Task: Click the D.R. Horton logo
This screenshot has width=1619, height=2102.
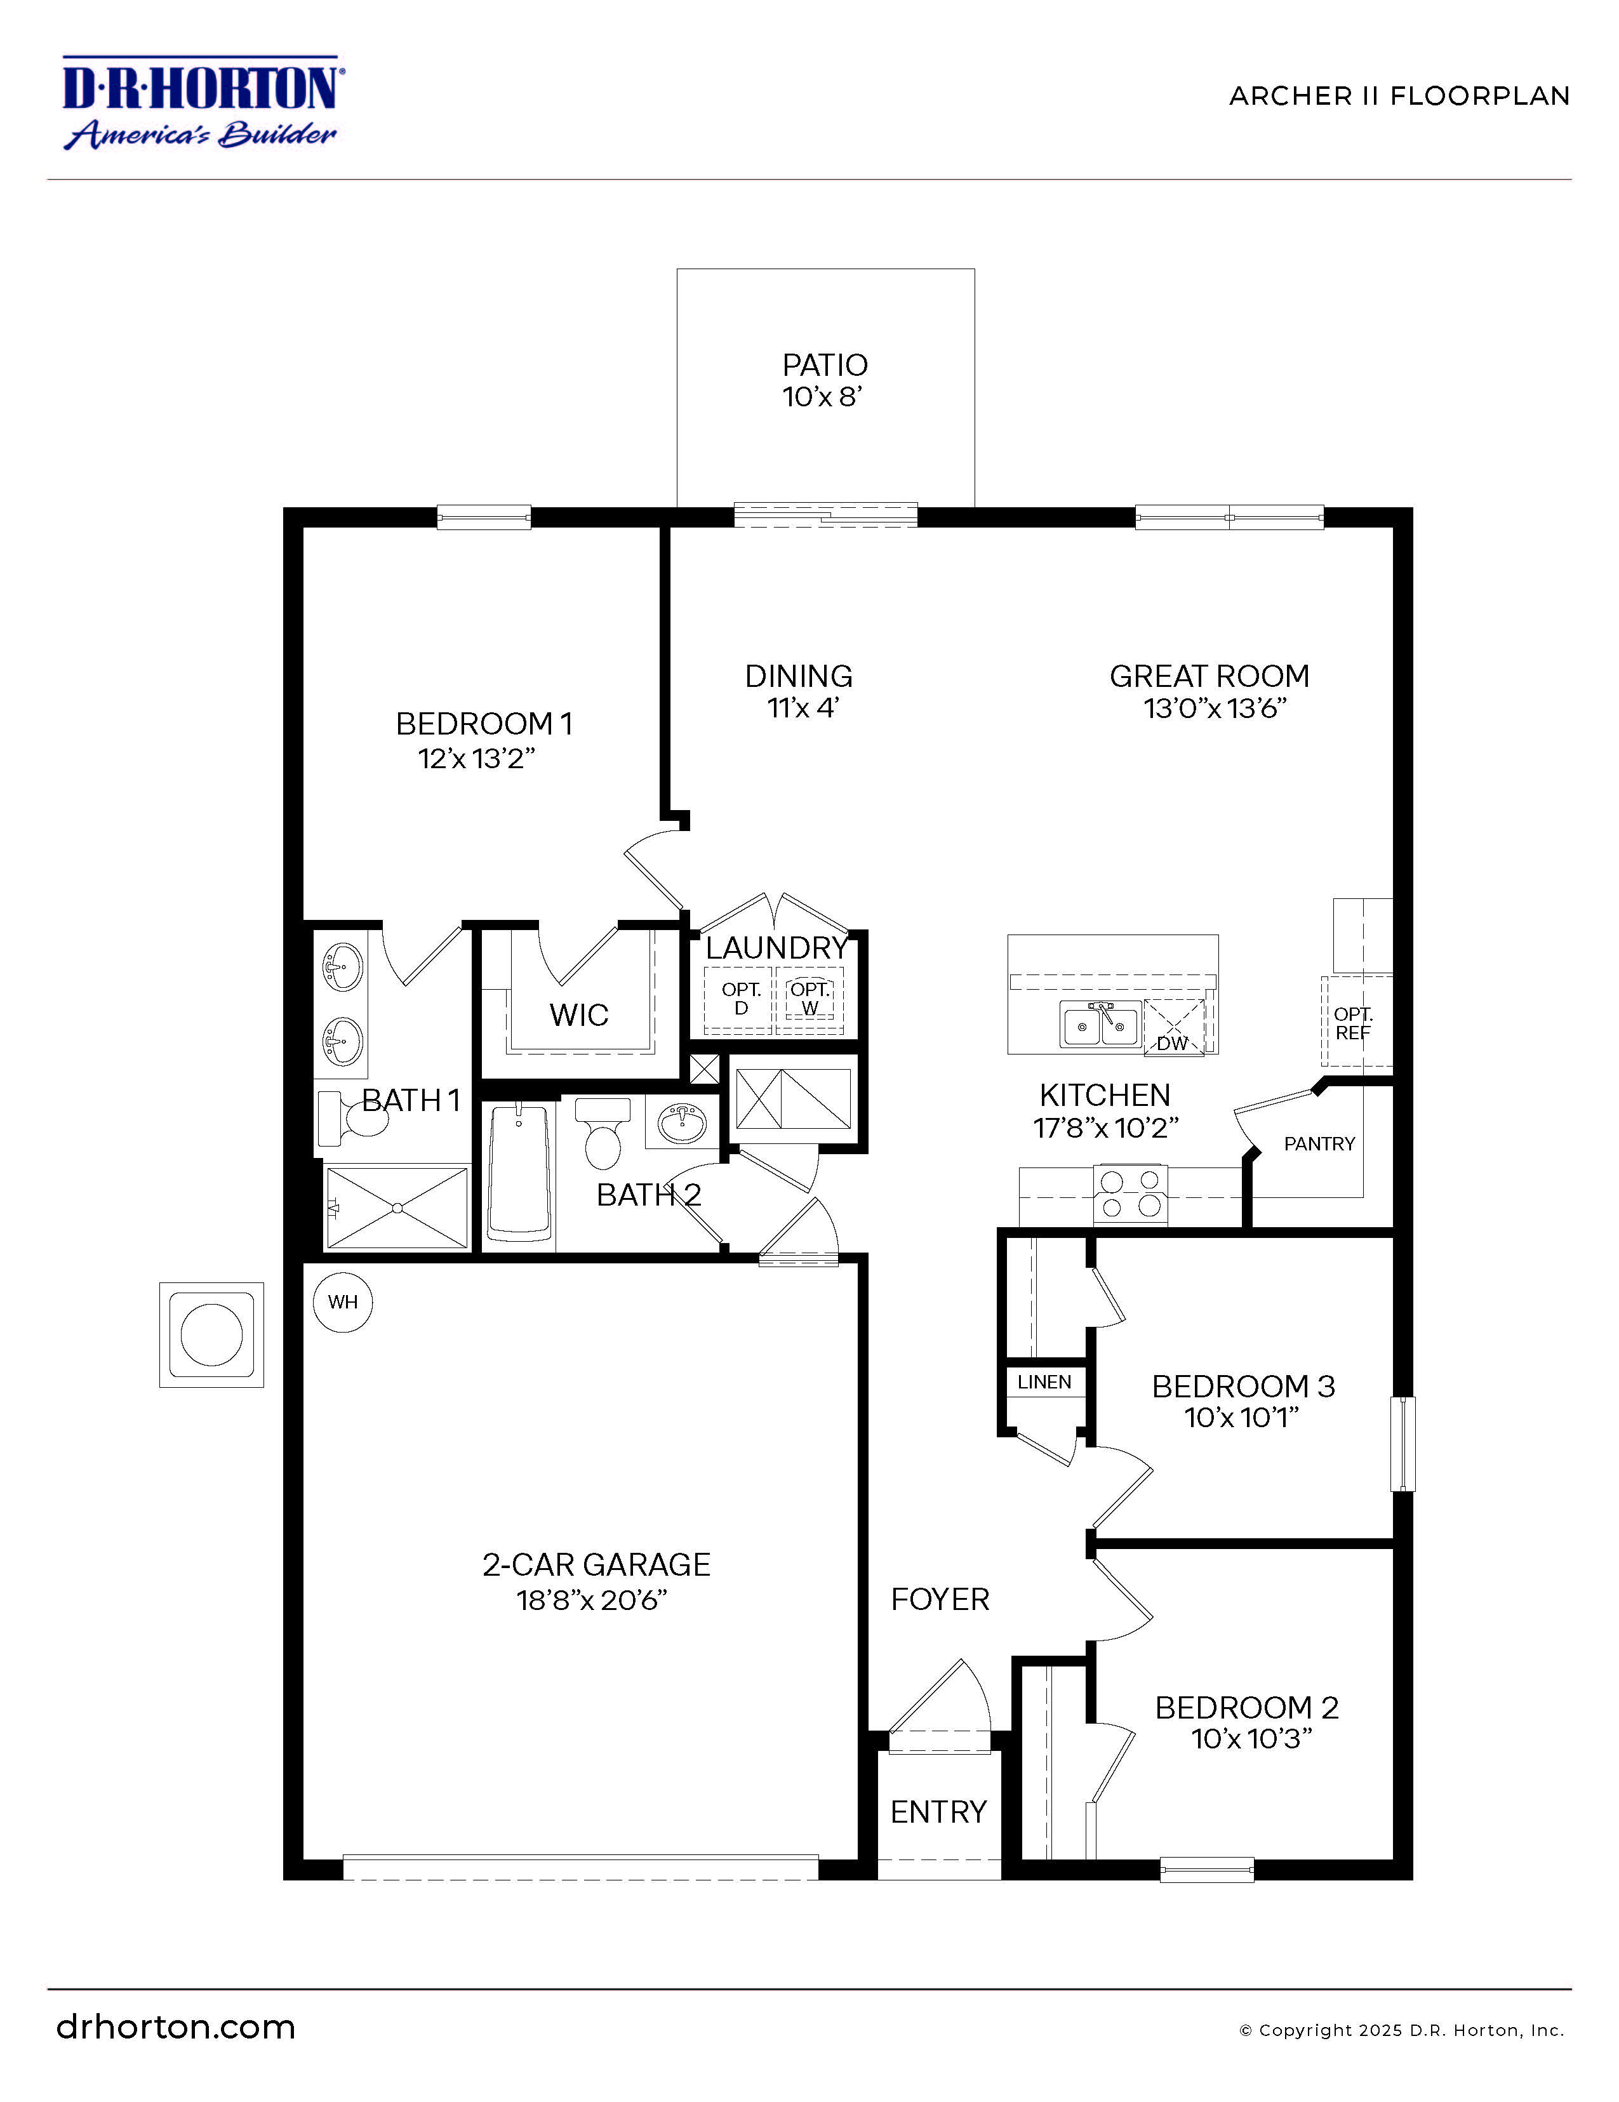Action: point(202,103)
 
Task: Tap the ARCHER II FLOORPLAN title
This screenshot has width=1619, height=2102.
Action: point(1399,96)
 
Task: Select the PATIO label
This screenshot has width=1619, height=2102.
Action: point(824,365)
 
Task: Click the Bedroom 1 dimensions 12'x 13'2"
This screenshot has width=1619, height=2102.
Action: point(476,759)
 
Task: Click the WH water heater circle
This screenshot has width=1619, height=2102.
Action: point(343,1302)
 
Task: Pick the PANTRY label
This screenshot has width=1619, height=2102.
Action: point(1319,1143)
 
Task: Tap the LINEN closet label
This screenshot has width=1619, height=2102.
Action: point(1044,1382)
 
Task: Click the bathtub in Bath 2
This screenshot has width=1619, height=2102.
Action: point(520,1173)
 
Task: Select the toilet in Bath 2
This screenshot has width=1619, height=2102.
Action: point(603,1136)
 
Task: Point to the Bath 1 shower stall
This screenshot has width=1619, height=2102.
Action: point(397,1208)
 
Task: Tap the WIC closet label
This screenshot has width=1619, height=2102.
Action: point(578,1014)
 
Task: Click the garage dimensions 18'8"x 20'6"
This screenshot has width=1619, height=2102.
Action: point(591,1600)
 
